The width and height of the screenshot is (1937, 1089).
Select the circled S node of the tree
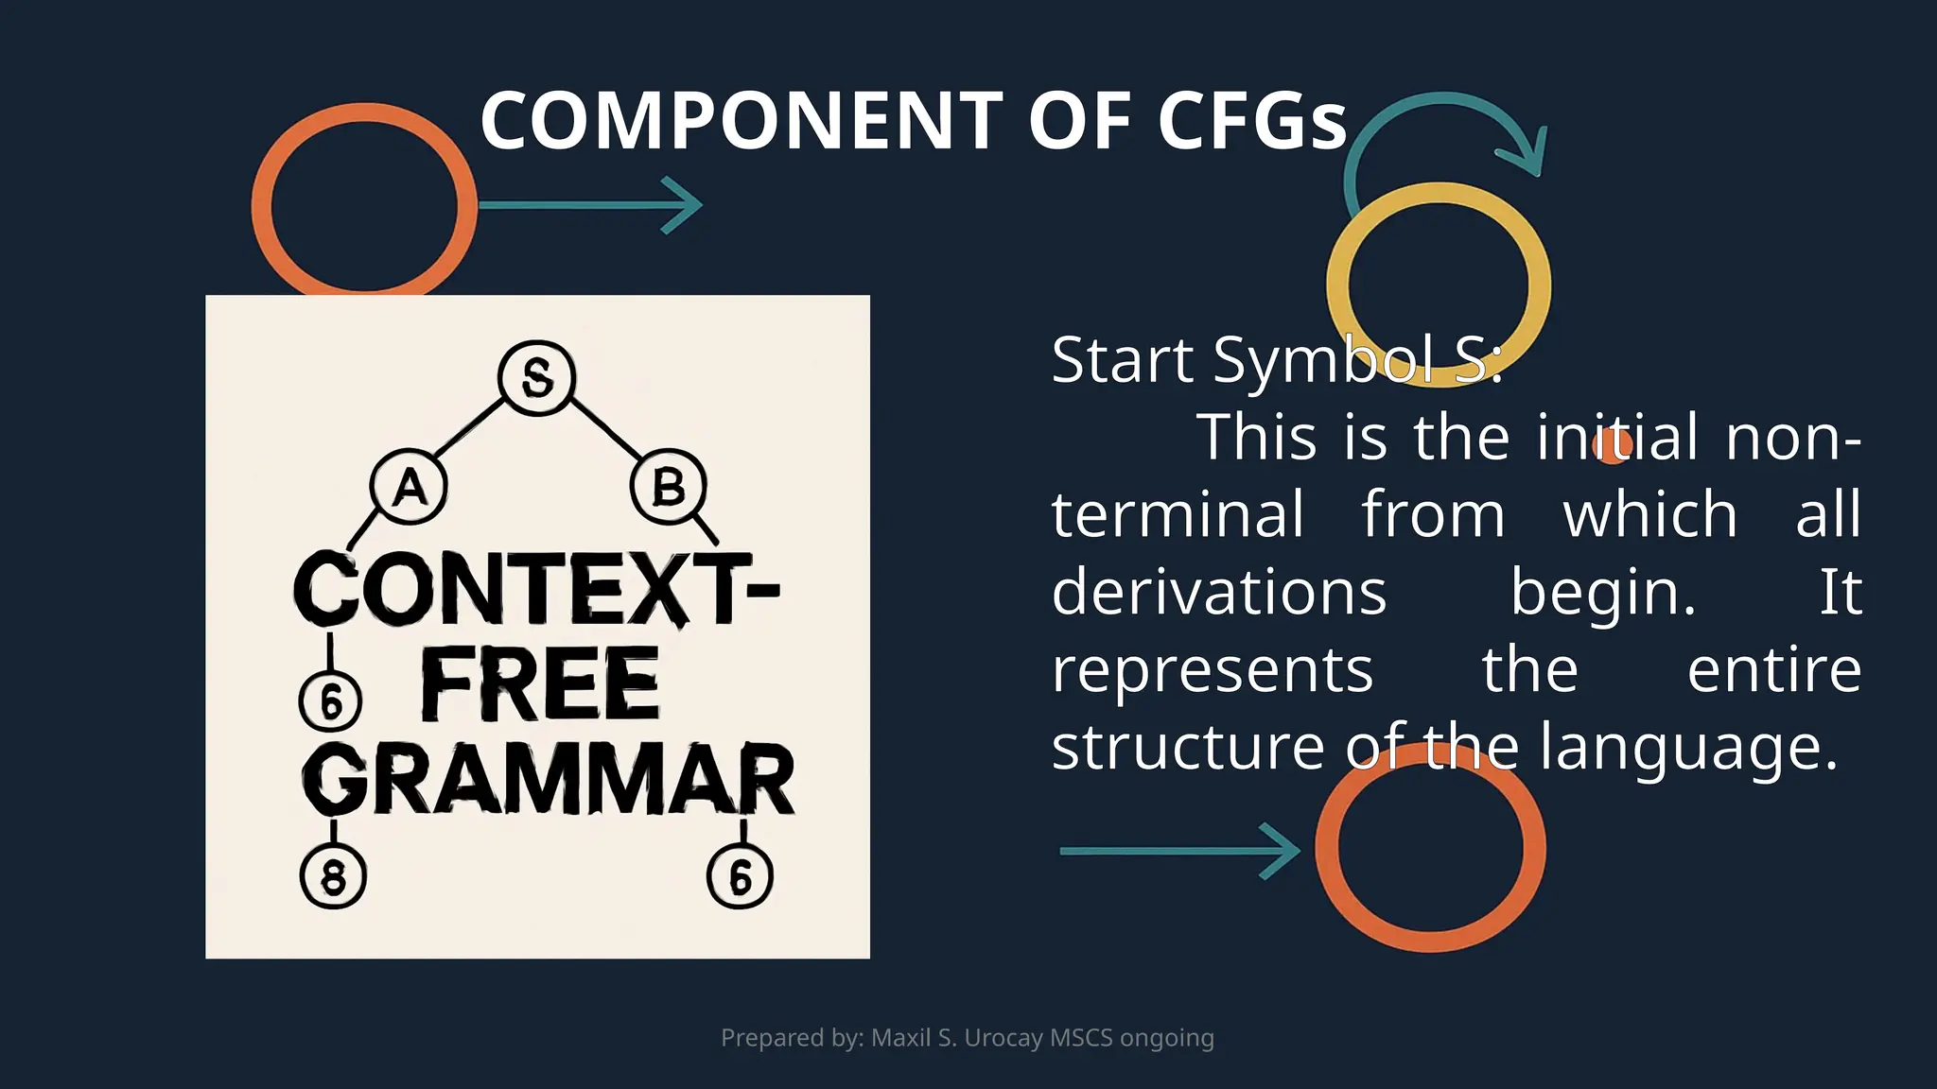click(x=537, y=378)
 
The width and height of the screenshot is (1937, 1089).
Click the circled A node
click(x=409, y=488)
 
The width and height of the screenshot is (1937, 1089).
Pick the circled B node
click(x=668, y=488)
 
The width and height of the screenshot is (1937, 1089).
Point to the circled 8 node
click(x=333, y=876)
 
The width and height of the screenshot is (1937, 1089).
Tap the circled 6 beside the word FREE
click(x=330, y=702)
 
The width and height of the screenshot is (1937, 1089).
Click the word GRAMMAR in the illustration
click(x=549, y=779)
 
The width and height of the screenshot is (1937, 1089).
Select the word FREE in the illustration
click(x=539, y=684)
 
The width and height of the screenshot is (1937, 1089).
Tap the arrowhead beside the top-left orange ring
click(x=683, y=204)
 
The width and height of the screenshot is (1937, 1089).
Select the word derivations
click(x=1219, y=593)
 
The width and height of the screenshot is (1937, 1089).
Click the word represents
click(x=1213, y=670)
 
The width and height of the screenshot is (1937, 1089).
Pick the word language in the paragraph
click(x=1687, y=748)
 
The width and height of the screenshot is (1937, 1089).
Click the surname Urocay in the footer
click(x=1003, y=1038)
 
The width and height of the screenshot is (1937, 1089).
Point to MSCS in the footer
click(x=1081, y=1038)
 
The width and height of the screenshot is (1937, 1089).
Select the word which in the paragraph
click(x=1650, y=515)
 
